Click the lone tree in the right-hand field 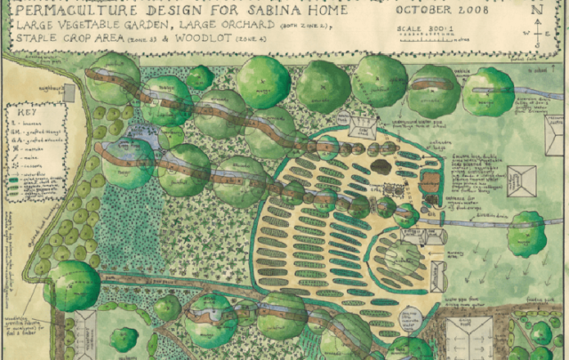click(x=525, y=232)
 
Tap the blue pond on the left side click(x=138, y=140)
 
